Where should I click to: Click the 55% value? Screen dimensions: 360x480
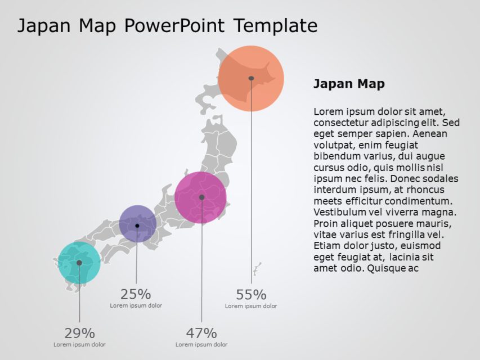[x=251, y=295]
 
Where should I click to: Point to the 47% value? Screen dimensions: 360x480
[x=201, y=333]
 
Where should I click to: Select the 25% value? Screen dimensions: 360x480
[x=136, y=294]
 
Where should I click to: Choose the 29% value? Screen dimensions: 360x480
[x=79, y=333]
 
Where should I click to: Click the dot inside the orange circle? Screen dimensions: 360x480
[x=251, y=78]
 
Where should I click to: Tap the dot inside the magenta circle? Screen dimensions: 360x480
[x=201, y=197]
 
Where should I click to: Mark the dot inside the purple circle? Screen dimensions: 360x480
[x=137, y=226]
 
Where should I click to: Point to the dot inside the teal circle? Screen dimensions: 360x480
[x=79, y=263]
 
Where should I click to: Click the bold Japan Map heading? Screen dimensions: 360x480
[x=349, y=84]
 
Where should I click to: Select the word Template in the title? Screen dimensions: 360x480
[x=275, y=25]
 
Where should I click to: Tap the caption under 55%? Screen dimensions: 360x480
[x=251, y=306]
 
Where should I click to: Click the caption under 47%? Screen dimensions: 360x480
[x=201, y=344]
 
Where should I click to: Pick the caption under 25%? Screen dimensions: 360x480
[x=136, y=305]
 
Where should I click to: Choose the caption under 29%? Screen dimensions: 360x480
[x=79, y=344]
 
